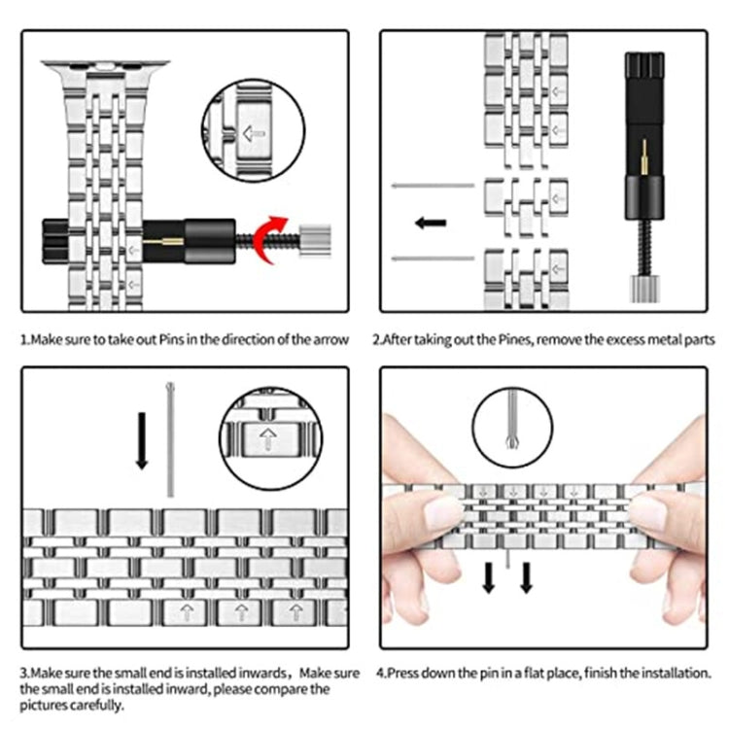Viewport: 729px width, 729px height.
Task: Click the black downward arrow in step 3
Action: [142, 437]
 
